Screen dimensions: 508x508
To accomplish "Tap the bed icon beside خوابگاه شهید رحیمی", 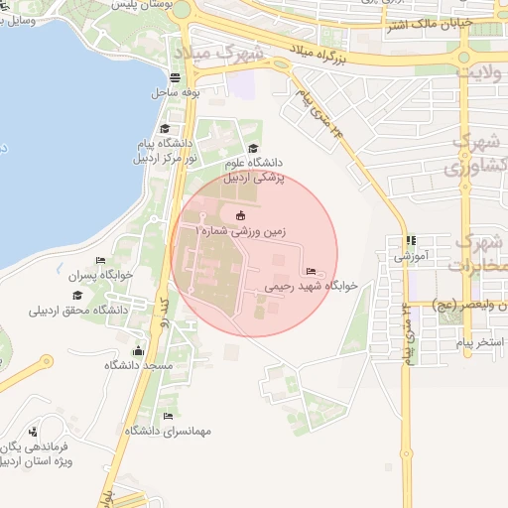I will pyautogui.click(x=312, y=271).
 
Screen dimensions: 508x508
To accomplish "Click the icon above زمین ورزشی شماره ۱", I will pyautogui.click(x=239, y=215).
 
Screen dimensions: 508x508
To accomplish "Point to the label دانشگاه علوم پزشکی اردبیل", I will pyautogui.click(x=252, y=170).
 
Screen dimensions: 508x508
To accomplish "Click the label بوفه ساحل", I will pyautogui.click(x=177, y=91).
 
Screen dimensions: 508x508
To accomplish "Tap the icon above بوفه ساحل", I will pyautogui.click(x=176, y=77).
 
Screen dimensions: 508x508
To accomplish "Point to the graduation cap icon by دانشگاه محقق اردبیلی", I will pyautogui.click(x=77, y=295).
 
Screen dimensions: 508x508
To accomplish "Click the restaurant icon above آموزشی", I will pyautogui.click(x=411, y=240).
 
